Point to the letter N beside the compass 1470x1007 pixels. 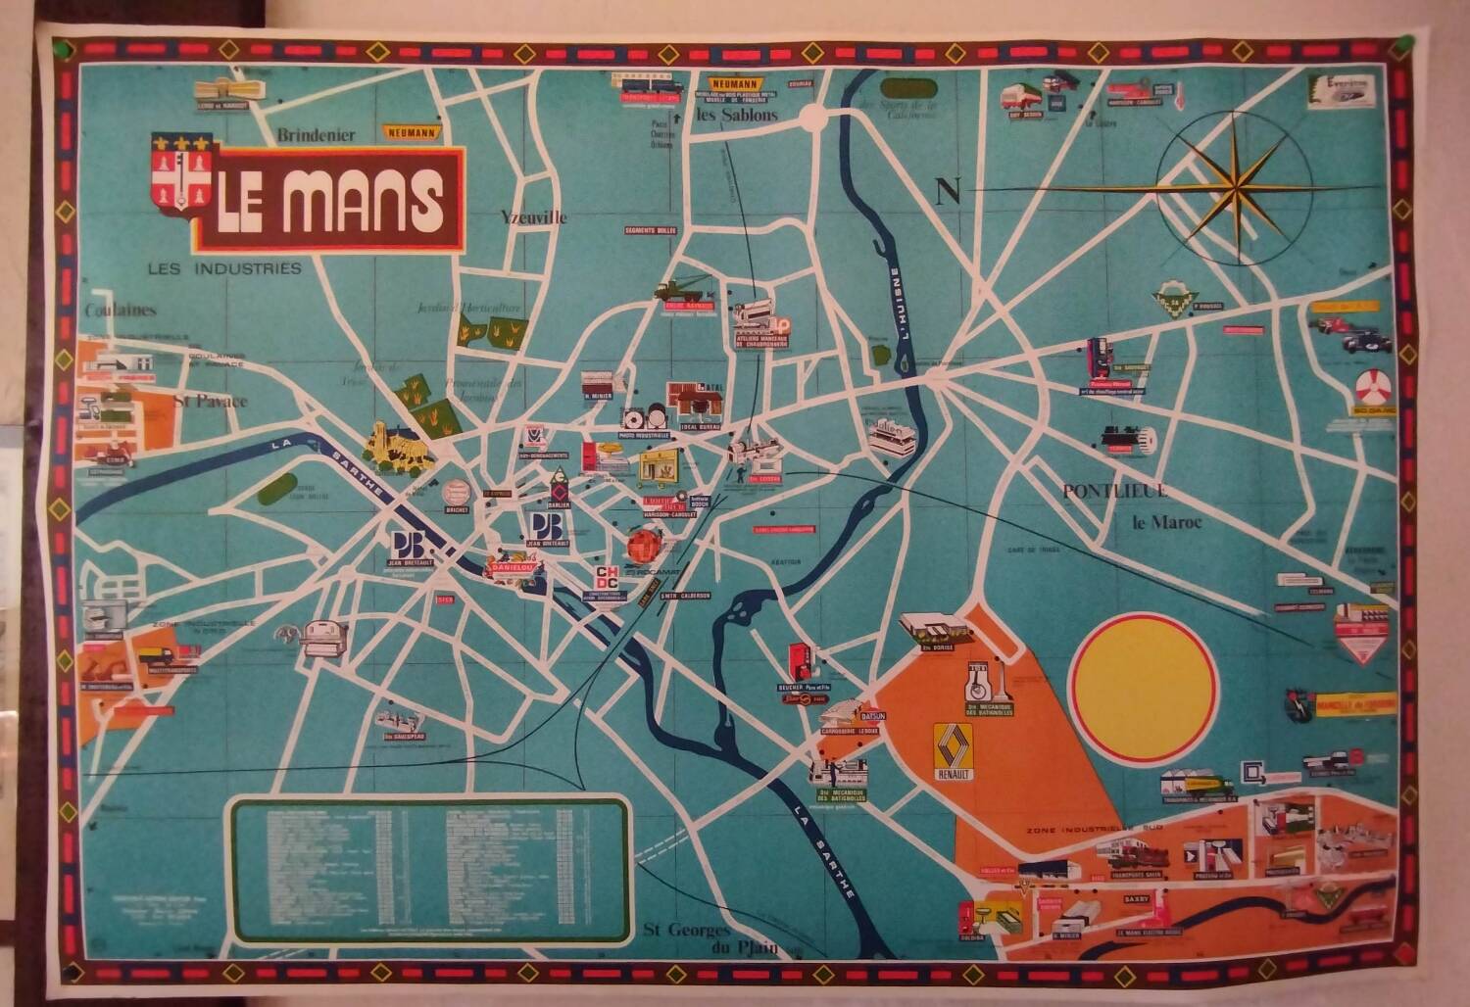tap(948, 191)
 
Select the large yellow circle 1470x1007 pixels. tap(1143, 685)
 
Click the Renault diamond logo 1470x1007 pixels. tap(955, 749)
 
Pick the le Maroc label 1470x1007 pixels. tap(1166, 522)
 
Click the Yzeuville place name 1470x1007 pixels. tap(533, 217)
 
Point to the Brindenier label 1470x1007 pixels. tap(316, 135)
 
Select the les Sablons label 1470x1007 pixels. tap(736, 115)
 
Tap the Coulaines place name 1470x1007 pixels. tap(120, 310)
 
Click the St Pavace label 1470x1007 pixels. tap(210, 400)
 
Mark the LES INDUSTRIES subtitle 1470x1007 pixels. tap(224, 268)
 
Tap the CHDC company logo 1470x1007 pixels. tap(608, 578)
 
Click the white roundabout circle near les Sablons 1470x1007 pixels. tap(812, 118)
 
